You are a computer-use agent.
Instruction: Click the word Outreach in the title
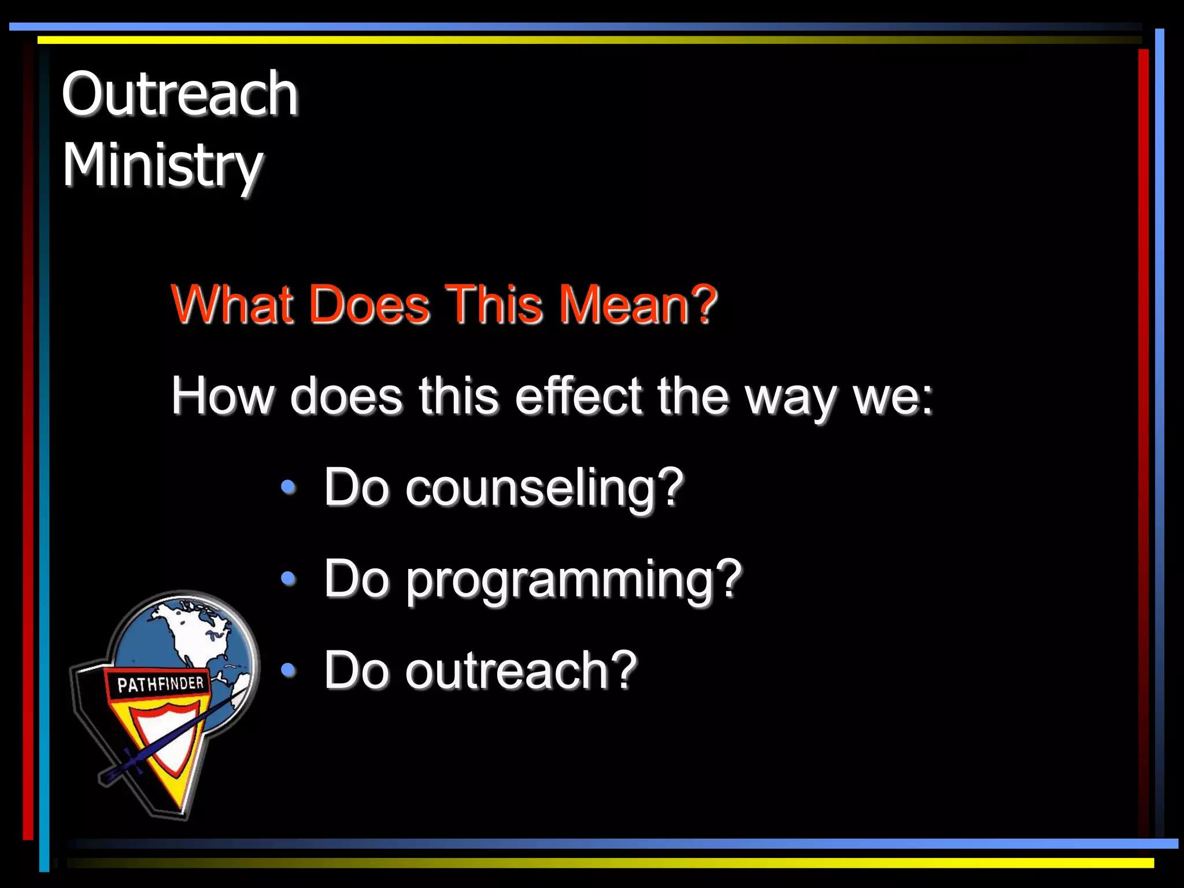(180, 94)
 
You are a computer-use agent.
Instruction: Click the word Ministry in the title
(162, 166)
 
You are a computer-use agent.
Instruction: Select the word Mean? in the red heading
(638, 304)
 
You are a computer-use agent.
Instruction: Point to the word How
(222, 396)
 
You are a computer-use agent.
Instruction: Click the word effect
(579, 396)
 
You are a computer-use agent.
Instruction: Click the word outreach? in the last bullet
(521, 671)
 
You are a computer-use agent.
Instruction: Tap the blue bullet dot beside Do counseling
(288, 487)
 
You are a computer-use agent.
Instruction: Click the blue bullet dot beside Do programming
(288, 578)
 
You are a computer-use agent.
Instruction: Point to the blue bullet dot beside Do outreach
(288, 669)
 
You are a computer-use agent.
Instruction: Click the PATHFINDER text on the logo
(161, 684)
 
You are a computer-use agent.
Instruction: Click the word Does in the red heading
(369, 304)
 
